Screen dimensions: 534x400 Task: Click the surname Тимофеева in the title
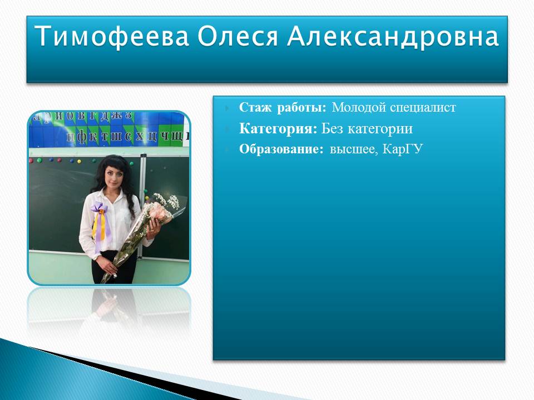[112, 36]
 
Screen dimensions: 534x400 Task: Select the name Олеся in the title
[238, 36]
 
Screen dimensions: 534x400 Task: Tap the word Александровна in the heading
[393, 36]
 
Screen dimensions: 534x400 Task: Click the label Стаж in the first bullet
[255, 107]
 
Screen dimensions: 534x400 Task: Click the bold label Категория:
[278, 129]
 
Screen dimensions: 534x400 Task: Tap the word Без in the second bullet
[332, 128]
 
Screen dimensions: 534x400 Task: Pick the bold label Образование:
[281, 149]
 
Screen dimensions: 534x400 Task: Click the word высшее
[354, 149]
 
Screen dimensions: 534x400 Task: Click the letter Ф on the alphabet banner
[82, 137]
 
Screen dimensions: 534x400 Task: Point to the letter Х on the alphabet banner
[140, 136]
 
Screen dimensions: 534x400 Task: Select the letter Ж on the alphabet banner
[116, 115]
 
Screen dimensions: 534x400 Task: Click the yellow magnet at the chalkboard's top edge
[80, 161]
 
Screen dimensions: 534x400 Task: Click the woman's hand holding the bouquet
[153, 227]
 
